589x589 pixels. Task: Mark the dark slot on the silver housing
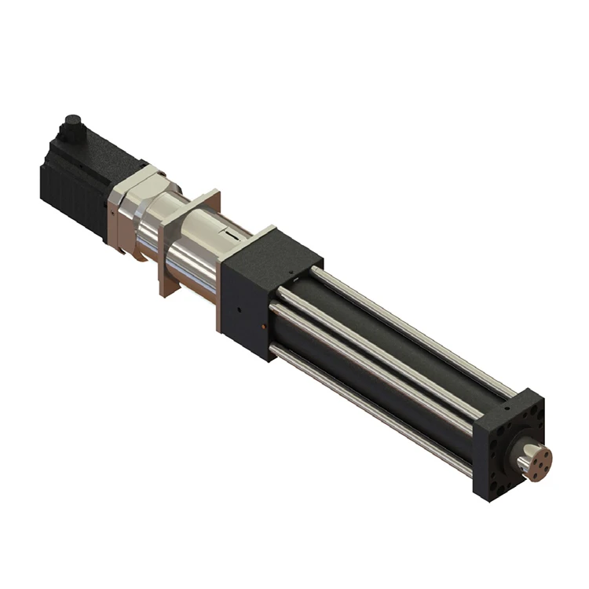click(225, 233)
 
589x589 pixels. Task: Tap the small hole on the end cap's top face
click(507, 408)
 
